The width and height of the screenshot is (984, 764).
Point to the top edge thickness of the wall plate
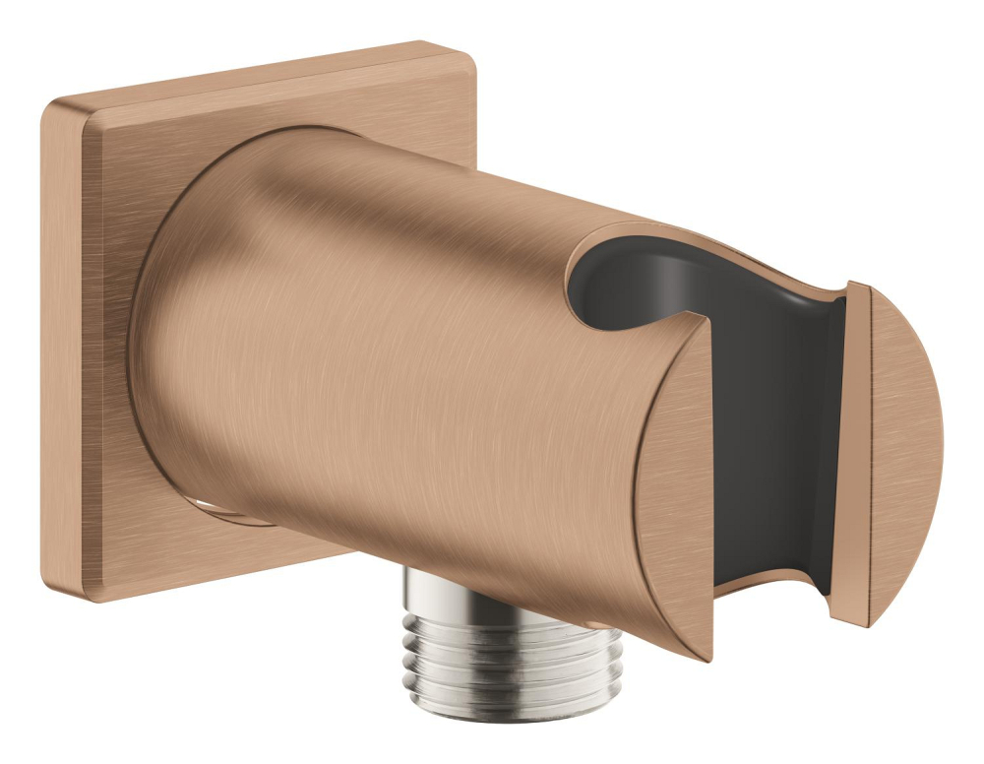point(246,74)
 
